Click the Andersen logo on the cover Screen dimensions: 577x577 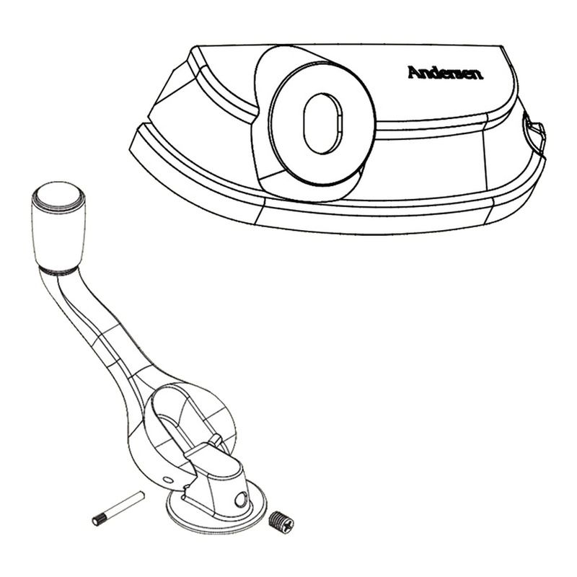tap(445, 73)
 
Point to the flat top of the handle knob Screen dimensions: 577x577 tap(58, 195)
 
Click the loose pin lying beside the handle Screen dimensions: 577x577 tap(118, 508)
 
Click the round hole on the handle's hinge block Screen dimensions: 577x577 tap(240, 499)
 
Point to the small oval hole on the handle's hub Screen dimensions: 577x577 tap(167, 480)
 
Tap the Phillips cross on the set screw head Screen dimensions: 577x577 tap(288, 524)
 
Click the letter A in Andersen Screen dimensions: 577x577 tap(415, 73)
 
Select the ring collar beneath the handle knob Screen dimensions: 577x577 tap(58, 271)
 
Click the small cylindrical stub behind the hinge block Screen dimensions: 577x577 tap(216, 440)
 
